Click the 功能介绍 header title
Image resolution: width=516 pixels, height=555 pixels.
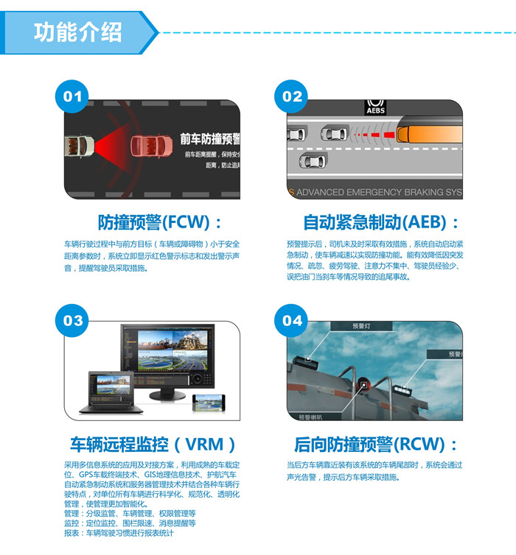point(77,32)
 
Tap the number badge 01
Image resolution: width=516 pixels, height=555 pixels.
point(73,96)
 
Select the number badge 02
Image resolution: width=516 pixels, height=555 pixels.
point(293,96)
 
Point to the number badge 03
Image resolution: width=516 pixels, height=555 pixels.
point(73,321)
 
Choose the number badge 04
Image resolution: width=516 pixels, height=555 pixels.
point(293,321)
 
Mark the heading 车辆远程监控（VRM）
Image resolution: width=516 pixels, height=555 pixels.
point(153,445)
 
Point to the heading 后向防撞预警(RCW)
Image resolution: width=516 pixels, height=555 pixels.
point(376,445)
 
